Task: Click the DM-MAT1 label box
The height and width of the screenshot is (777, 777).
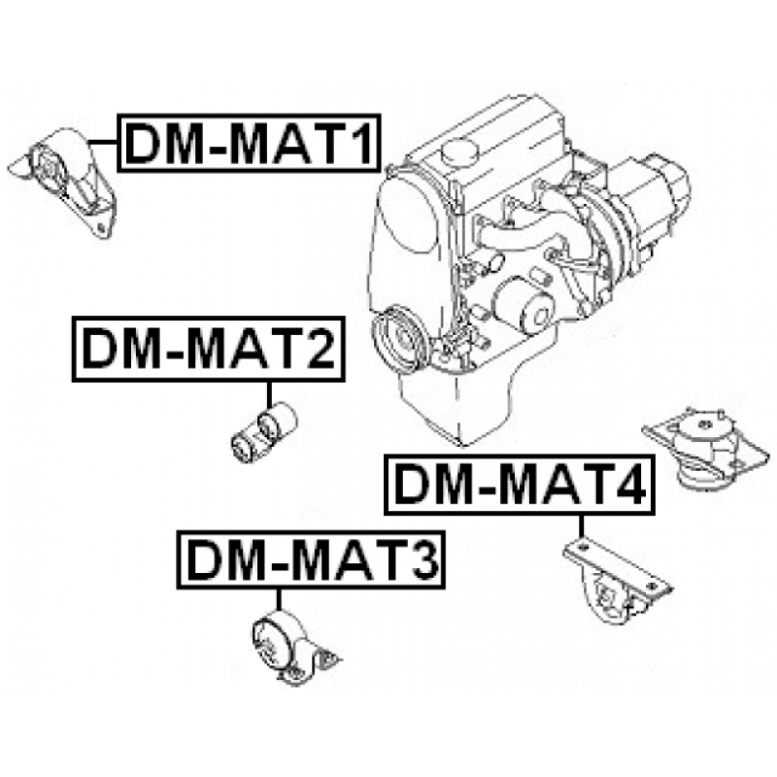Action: click(x=249, y=143)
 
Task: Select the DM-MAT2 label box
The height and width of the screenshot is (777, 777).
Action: click(x=208, y=349)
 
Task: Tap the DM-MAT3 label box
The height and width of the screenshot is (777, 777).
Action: click(x=311, y=559)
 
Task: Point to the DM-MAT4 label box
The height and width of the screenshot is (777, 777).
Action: click(x=520, y=485)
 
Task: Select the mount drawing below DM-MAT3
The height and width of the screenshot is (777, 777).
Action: click(x=293, y=647)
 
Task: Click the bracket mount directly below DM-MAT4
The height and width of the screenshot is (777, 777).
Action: click(x=617, y=580)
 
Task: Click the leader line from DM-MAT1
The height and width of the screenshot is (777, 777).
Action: click(x=103, y=143)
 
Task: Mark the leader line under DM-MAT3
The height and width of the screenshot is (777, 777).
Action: click(x=279, y=599)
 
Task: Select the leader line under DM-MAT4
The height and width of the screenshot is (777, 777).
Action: click(x=581, y=526)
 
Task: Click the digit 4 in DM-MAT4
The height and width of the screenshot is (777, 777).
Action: click(x=629, y=485)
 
